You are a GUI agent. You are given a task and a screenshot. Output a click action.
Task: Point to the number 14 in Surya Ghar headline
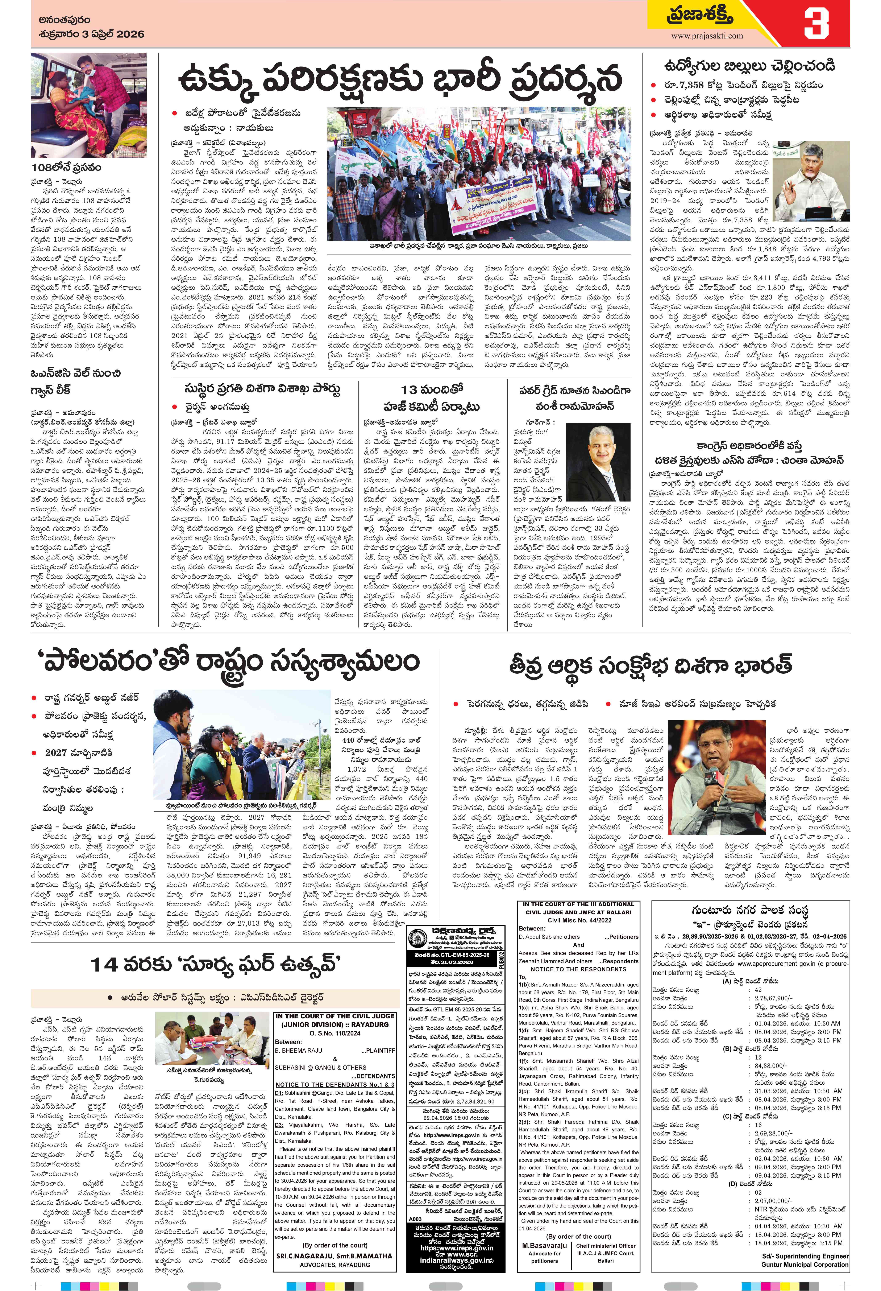tap(104, 965)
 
